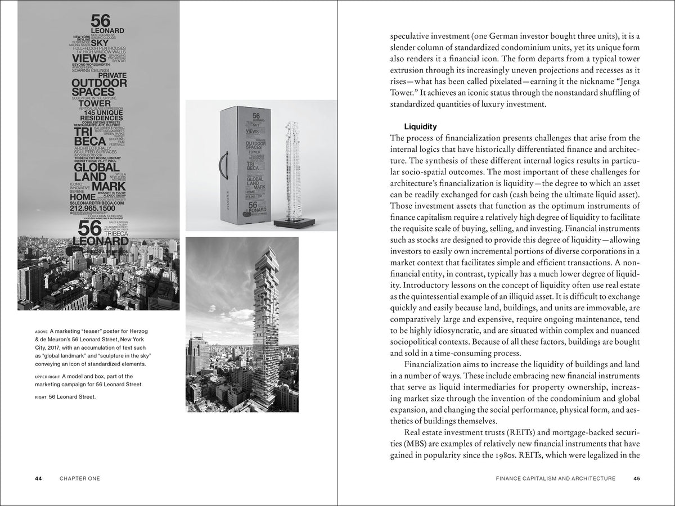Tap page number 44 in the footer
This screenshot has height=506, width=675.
click(38, 478)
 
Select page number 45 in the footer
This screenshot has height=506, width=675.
click(636, 478)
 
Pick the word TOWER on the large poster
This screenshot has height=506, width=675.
click(94, 103)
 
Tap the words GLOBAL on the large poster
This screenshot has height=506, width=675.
click(97, 168)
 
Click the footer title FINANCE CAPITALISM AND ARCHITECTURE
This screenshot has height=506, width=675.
click(555, 478)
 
